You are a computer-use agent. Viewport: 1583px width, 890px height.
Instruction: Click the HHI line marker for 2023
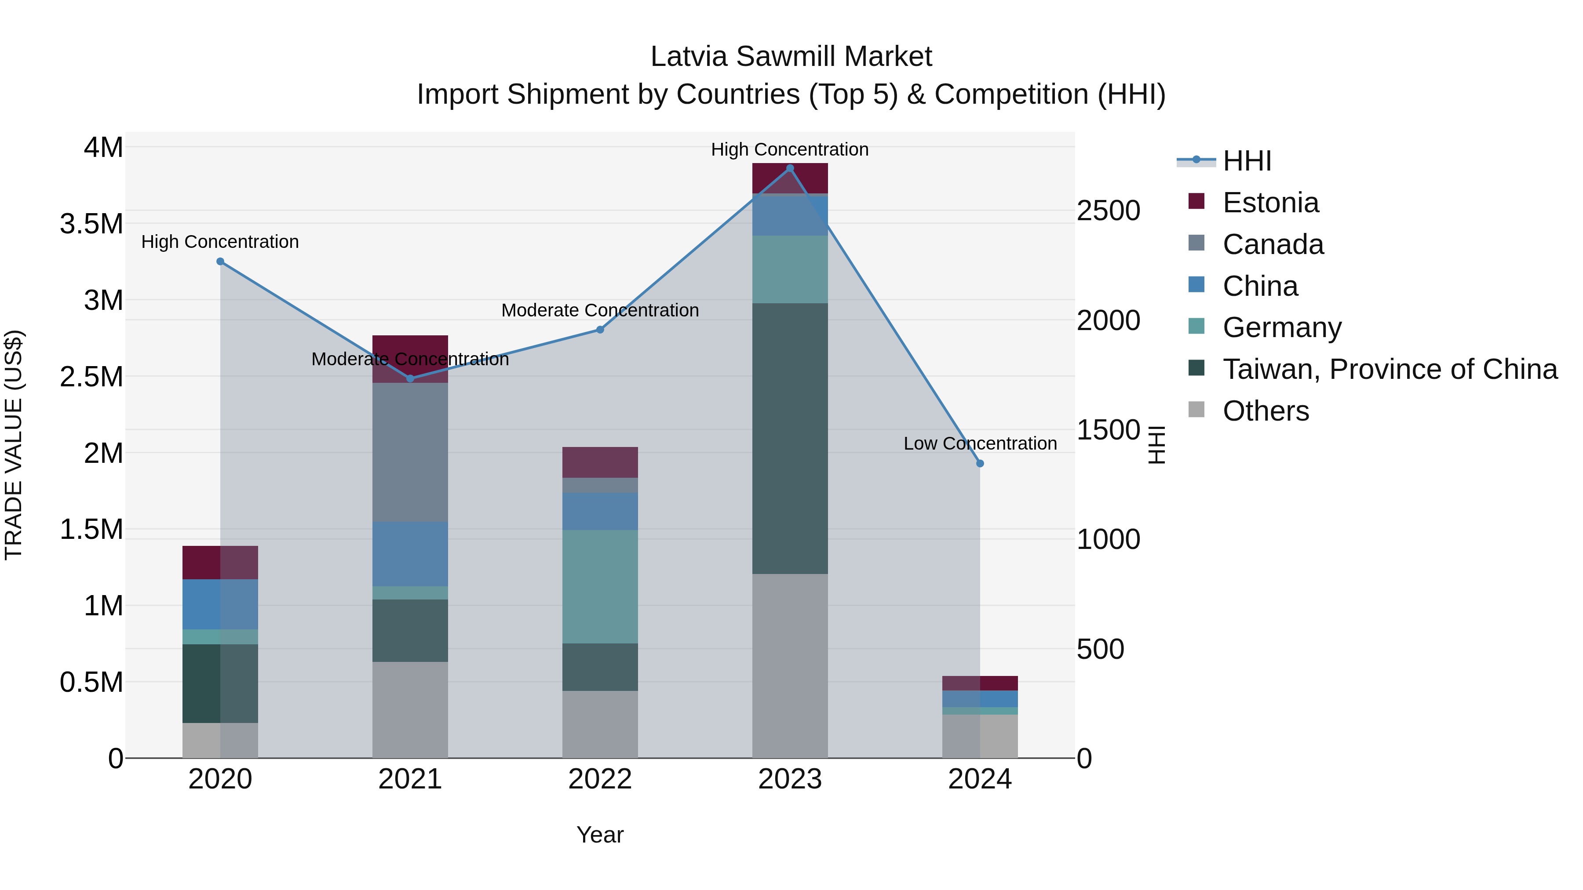coord(790,168)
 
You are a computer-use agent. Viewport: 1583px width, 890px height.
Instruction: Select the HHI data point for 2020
coord(220,261)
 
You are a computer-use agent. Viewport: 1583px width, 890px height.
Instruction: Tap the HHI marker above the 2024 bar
coord(980,463)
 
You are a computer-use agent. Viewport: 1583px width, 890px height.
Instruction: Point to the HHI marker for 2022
coord(600,329)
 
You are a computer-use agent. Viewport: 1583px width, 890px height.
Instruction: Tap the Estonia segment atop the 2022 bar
coord(600,462)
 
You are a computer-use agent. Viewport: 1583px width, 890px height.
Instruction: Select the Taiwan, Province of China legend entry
coord(1389,369)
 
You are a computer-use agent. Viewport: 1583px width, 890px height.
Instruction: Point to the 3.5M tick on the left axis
coord(91,224)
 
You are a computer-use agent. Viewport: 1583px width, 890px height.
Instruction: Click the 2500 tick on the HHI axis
coord(1108,210)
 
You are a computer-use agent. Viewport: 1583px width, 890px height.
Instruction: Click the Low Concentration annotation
coord(980,443)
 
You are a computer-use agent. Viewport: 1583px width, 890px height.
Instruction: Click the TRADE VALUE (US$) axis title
coord(14,445)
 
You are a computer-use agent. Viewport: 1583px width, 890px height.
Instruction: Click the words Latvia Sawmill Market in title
coord(791,57)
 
